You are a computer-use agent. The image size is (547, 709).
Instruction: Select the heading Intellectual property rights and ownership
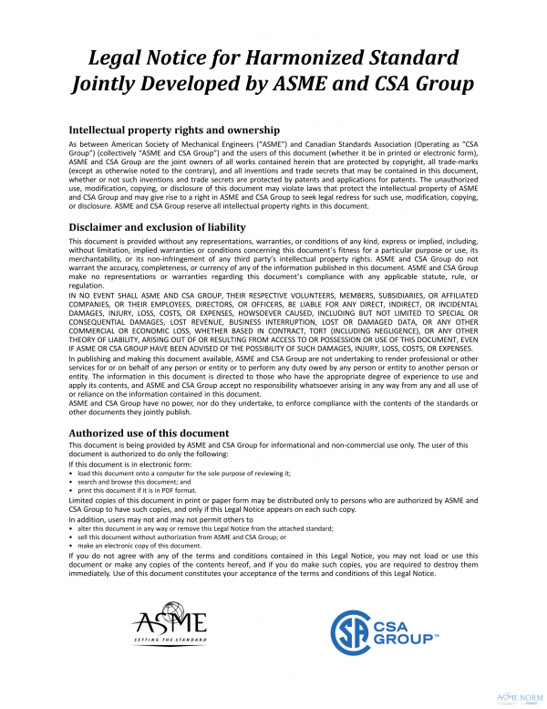click(173, 130)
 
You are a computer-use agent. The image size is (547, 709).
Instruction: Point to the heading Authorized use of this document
click(149, 432)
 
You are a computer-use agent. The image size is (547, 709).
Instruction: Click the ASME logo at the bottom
click(169, 625)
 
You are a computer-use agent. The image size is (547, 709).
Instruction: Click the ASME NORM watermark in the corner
click(519, 697)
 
